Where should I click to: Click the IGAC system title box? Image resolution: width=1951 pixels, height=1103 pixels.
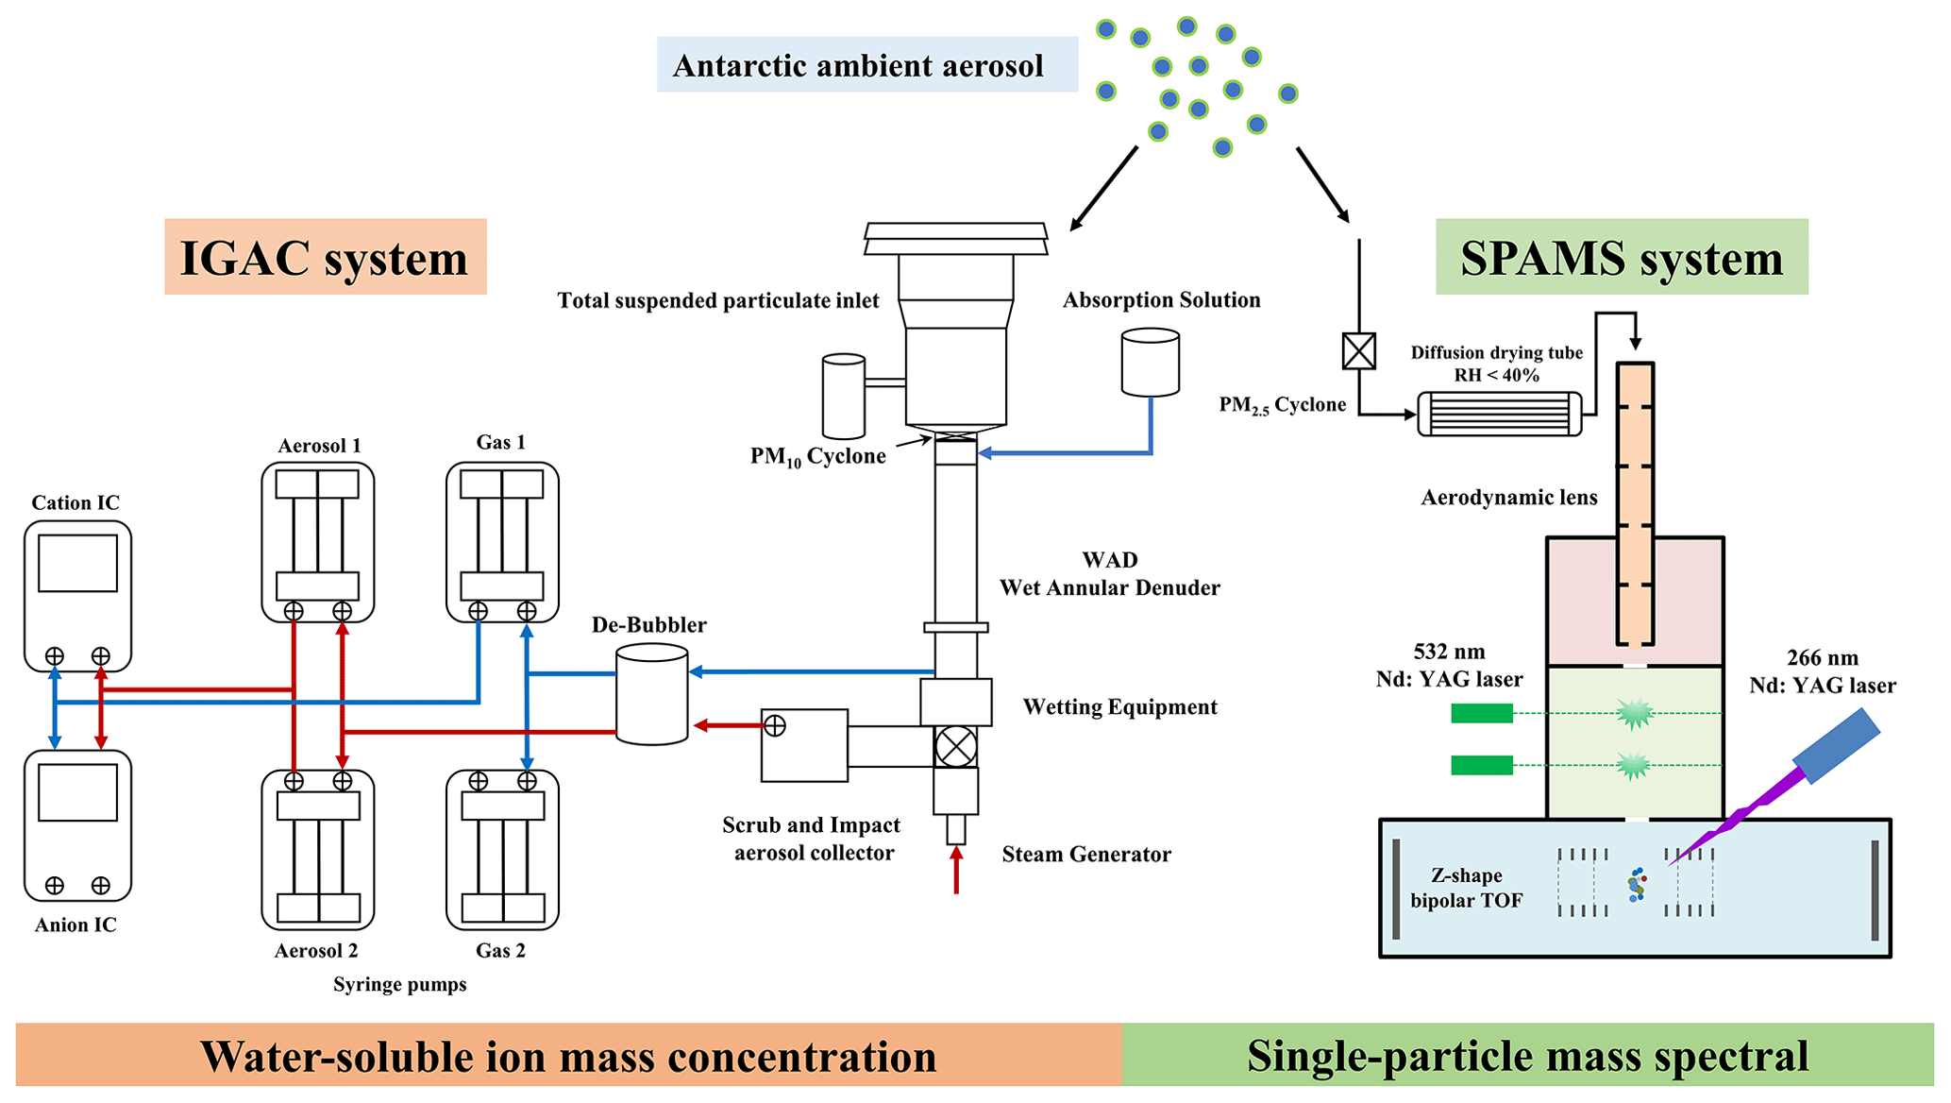pos(325,257)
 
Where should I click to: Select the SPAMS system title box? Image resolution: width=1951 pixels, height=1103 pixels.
pos(1621,257)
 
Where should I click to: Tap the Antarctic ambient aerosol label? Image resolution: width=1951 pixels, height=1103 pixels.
pos(866,64)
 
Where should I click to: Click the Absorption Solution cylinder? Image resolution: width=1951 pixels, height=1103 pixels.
pos(1150,362)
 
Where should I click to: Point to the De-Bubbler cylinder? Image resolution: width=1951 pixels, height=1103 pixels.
pos(651,694)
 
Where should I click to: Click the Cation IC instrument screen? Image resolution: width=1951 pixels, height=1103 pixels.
pos(77,564)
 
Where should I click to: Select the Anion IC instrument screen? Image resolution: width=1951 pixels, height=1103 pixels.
pos(77,792)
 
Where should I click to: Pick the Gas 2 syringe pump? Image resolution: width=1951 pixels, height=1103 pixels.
pos(502,850)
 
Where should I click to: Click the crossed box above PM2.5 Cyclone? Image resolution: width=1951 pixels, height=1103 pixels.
pos(1358,351)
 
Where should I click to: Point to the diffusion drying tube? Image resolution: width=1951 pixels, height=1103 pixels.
pos(1499,414)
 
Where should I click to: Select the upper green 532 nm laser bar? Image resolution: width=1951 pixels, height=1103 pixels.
pos(1482,714)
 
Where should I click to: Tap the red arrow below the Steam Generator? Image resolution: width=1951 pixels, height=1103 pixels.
pos(956,870)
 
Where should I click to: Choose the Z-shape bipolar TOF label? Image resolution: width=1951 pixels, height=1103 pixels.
pos(1466,888)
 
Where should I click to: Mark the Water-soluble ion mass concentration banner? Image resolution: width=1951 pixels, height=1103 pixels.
pos(568,1056)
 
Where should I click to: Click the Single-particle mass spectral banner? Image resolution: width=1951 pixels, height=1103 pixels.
pos(1527,1056)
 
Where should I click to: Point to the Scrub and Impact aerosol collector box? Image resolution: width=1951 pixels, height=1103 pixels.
pos(804,745)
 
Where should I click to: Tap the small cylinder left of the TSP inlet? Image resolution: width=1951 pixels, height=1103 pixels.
pos(843,397)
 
